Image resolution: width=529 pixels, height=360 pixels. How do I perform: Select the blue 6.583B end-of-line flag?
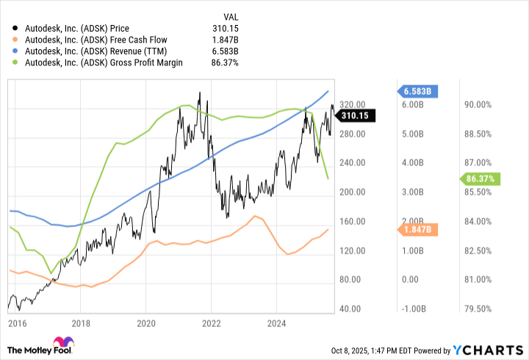pos(420,91)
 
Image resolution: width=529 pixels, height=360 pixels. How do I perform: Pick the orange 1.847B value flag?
pos(420,230)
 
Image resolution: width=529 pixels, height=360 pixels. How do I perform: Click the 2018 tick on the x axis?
pos(81,323)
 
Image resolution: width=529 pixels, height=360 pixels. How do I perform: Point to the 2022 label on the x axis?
pos(212,323)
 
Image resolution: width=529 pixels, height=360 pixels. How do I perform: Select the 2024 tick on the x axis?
pos(277,323)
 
